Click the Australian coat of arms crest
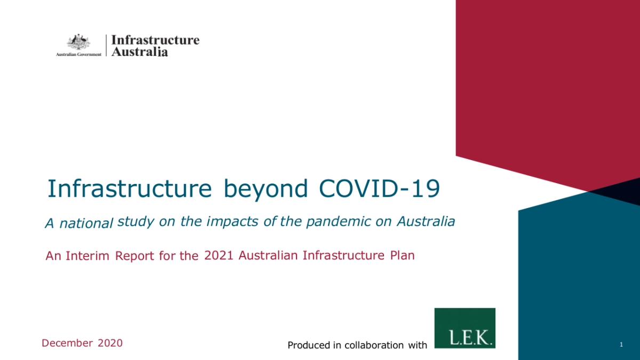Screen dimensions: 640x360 pos(78,42)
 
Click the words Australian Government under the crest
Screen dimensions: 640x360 pos(78,54)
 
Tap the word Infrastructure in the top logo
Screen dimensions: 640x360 pos(155,40)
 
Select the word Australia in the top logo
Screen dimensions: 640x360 pos(139,52)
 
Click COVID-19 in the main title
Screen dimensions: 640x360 pos(379,189)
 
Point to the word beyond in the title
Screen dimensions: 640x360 pos(266,190)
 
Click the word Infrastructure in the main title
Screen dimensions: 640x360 pos(130,189)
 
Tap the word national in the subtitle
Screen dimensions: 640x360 pos(86,223)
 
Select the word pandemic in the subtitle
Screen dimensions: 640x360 pos(338,222)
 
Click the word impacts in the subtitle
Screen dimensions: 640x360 pos(233,222)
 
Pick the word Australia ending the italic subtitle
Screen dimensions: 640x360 pos(426,221)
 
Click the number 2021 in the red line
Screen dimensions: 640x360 pos(219,255)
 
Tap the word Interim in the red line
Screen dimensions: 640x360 pos(87,256)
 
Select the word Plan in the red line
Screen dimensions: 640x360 pos(402,255)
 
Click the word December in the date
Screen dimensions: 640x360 pos(67,343)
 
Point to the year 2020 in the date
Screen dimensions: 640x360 pos(110,343)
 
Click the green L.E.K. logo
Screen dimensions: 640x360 pos(465,328)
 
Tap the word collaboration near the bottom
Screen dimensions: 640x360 pos(374,345)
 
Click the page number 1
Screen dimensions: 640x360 pos(621,345)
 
